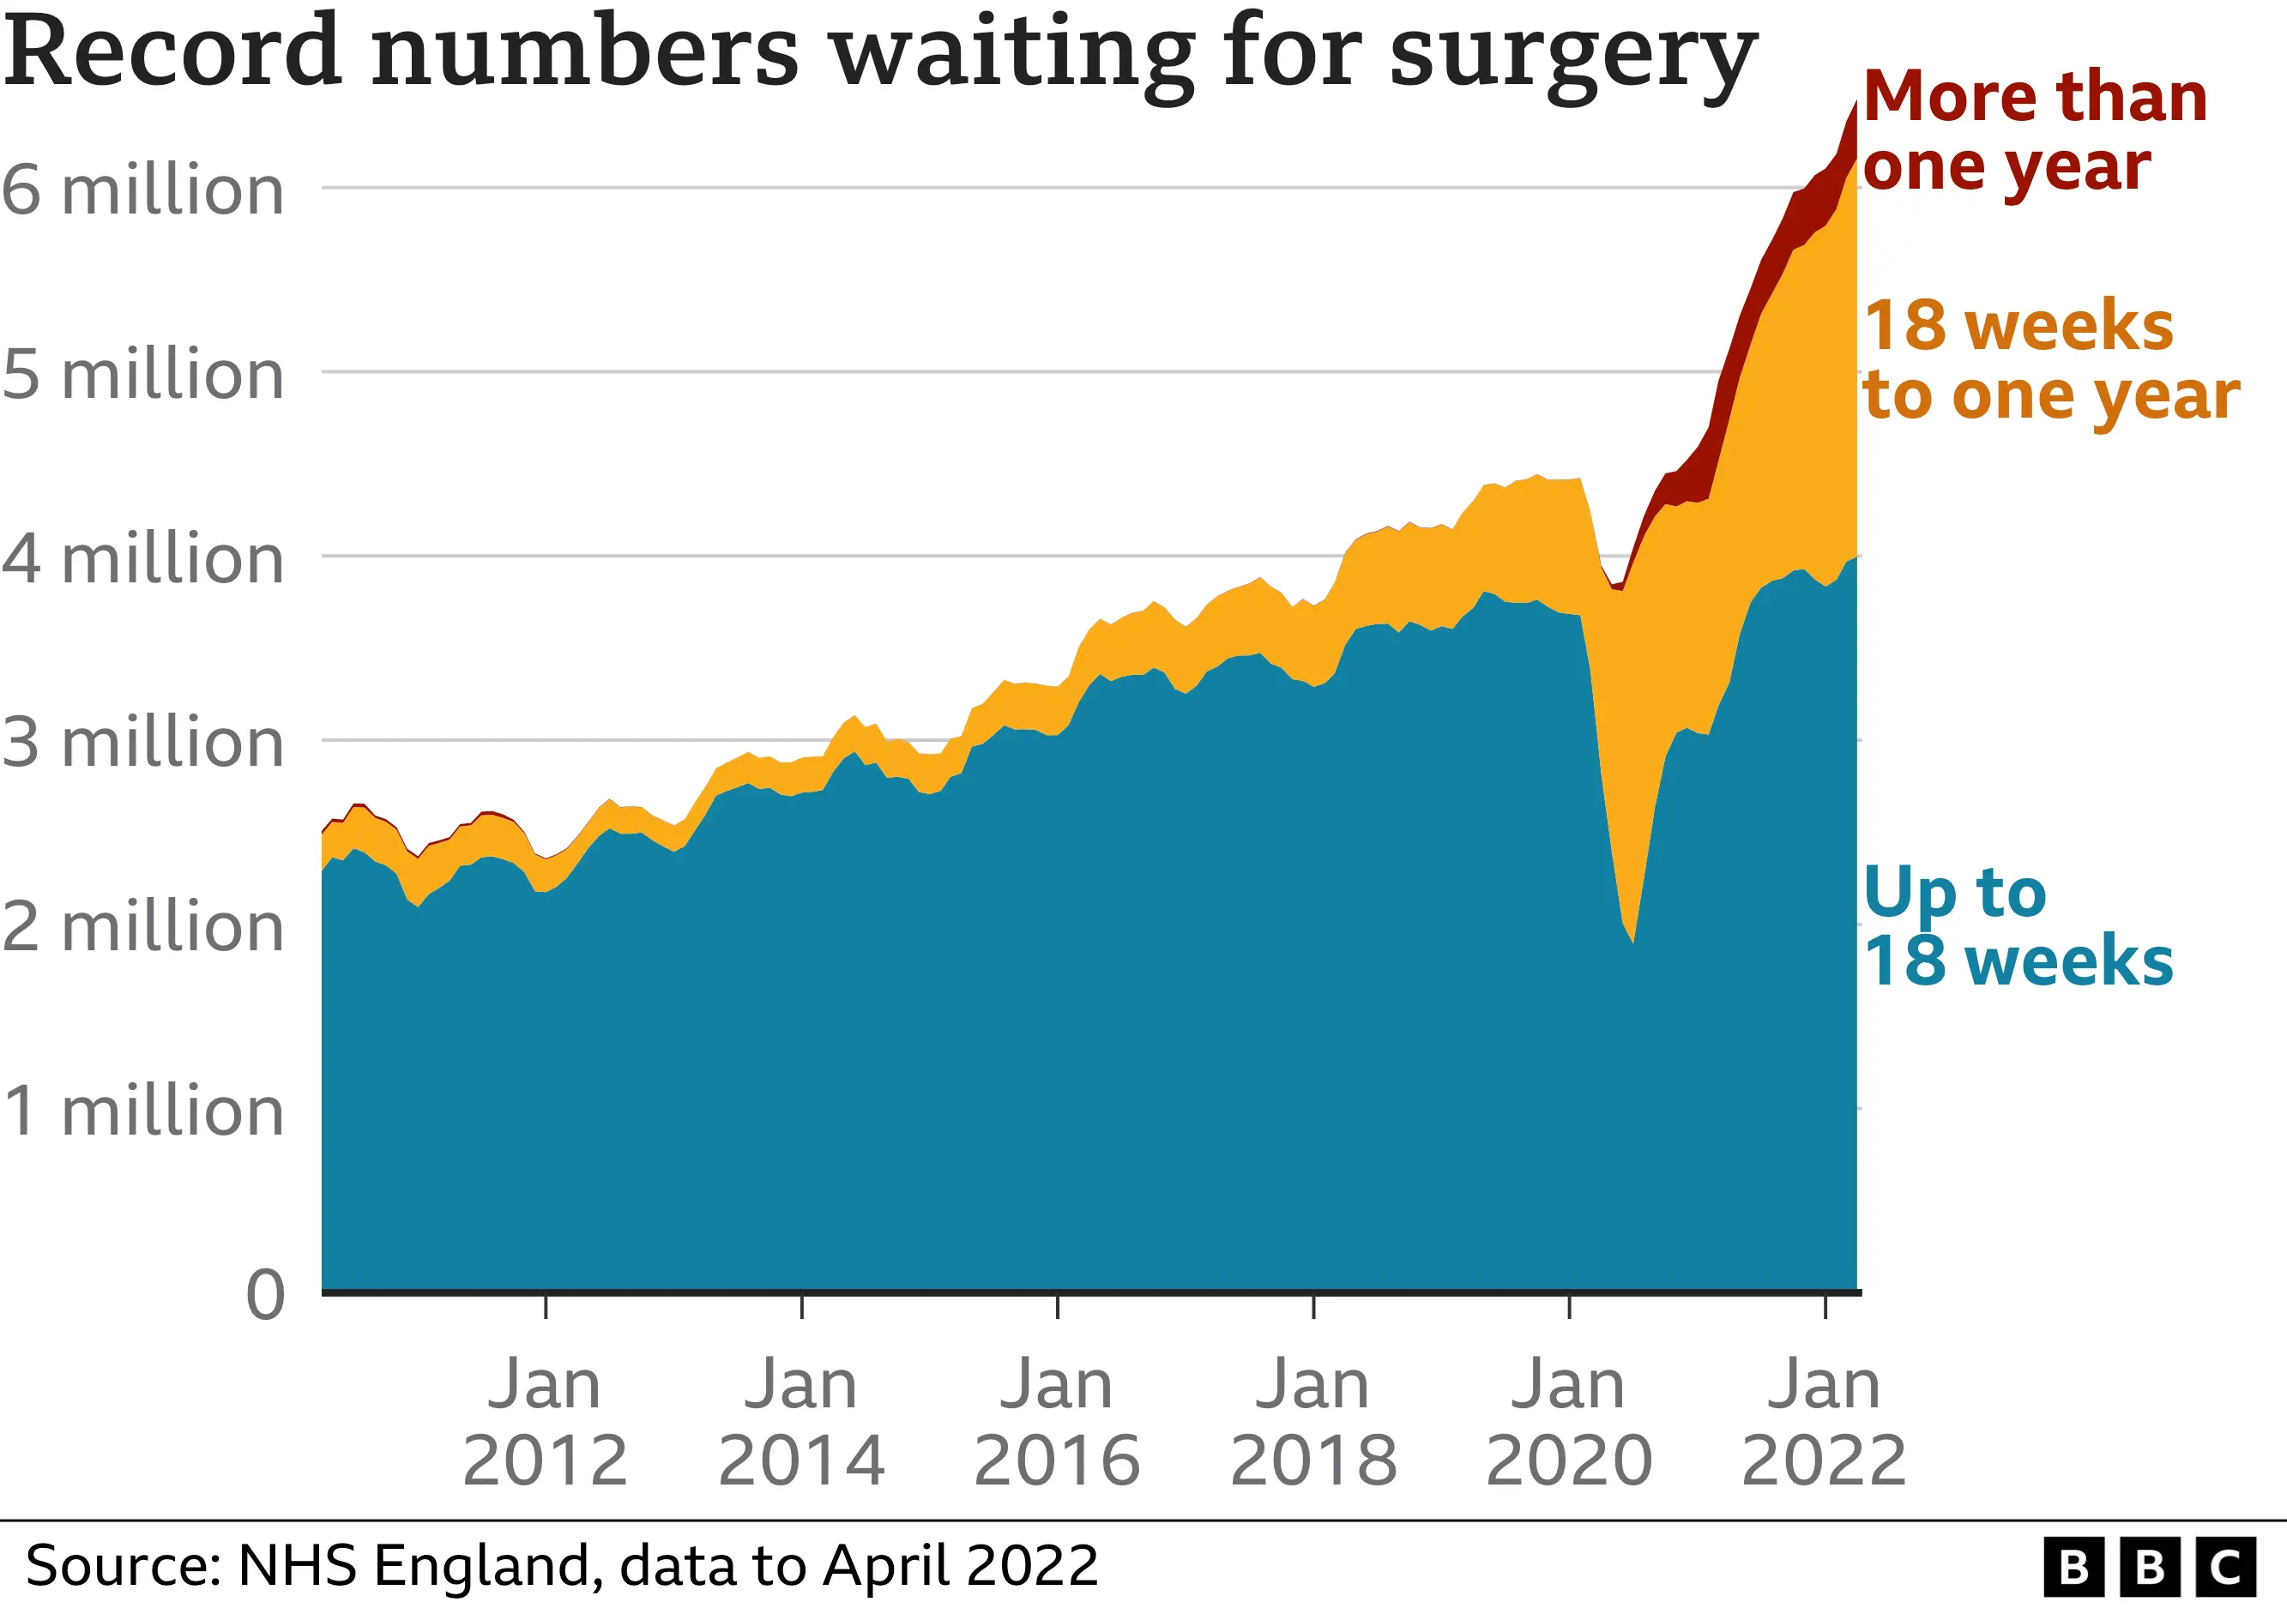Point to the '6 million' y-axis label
tap(142, 190)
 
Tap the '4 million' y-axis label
tap(142, 558)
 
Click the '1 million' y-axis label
tap(142, 1111)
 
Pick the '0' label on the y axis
tap(265, 1295)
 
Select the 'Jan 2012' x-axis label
tap(545, 1423)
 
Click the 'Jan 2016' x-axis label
tap(1057, 1423)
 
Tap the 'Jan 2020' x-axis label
tap(1569, 1423)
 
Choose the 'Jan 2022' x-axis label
tap(1824, 1423)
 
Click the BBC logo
tap(2149, 1567)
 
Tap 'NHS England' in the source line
tap(419, 1566)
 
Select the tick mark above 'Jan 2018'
tap(1314, 1305)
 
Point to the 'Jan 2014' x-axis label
tap(801, 1423)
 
